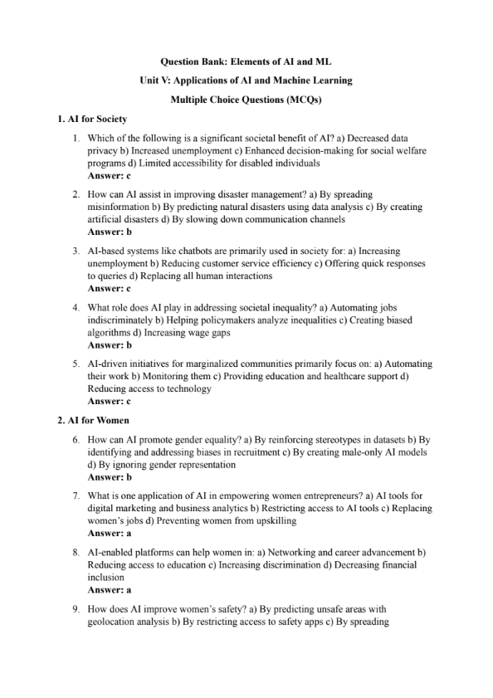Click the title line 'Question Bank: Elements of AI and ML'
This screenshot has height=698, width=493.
coord(246,61)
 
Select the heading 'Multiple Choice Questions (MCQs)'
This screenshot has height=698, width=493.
coord(246,100)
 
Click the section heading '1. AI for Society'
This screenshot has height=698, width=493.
coord(92,120)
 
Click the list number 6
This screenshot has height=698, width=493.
coord(76,439)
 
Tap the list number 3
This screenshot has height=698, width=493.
coord(76,251)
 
